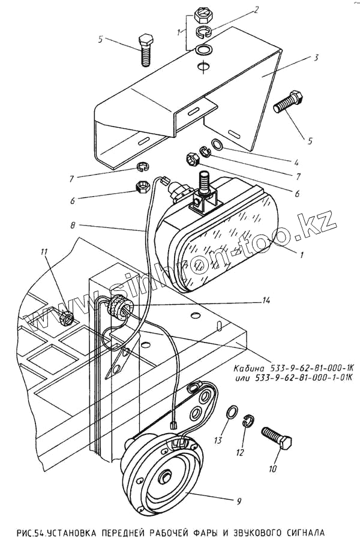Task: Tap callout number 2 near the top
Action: [256, 10]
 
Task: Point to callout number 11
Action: [43, 252]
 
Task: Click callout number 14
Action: [266, 300]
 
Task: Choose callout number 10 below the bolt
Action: [272, 469]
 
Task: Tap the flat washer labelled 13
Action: [232, 412]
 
